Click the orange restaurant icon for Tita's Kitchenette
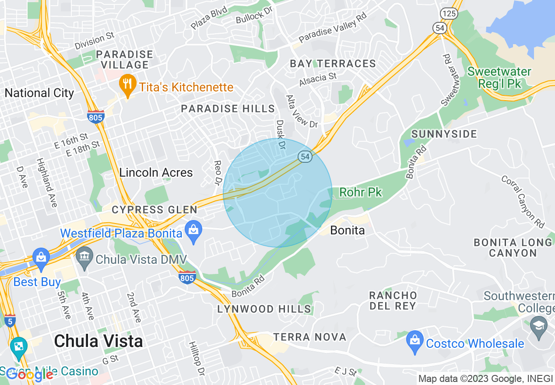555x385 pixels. (127, 86)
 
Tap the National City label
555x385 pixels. (39, 93)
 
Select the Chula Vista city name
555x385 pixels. (98, 341)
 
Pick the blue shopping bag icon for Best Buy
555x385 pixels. (41, 257)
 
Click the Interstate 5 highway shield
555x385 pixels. (10, 321)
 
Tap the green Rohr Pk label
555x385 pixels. (361, 192)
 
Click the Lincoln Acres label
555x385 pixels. (156, 172)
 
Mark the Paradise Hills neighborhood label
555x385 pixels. (228, 108)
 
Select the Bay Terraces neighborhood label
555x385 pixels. (333, 64)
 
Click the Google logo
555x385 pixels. (30, 374)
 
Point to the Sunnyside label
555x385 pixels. (444, 134)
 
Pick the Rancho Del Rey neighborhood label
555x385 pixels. (393, 301)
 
